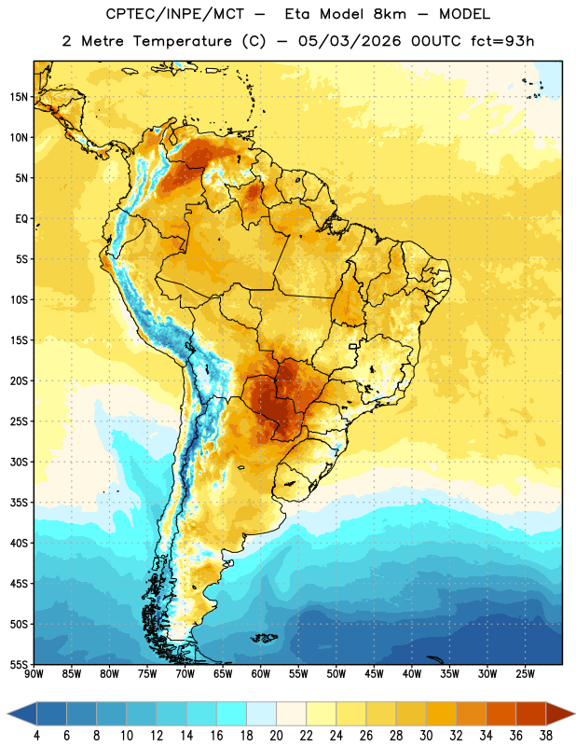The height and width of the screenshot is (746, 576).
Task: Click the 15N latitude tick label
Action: [19, 97]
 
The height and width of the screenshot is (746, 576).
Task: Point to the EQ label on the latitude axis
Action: [21, 219]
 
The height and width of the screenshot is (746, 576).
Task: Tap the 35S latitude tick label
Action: [19, 503]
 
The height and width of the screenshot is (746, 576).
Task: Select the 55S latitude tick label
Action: [19, 664]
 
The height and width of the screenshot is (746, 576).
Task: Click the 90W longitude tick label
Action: [34, 673]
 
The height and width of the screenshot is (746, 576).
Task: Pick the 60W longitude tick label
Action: [261, 673]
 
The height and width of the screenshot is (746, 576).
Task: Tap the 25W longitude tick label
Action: [525, 673]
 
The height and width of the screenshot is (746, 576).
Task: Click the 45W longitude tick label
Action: [374, 673]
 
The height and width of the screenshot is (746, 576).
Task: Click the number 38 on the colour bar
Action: [546, 736]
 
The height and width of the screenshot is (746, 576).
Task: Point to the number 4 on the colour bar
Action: [36, 736]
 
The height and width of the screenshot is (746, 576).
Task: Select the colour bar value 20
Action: [276, 736]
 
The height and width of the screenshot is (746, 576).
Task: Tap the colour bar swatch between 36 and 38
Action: [531, 713]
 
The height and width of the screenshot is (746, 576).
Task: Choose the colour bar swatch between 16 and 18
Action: [232, 713]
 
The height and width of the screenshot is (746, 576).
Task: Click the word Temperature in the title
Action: [182, 41]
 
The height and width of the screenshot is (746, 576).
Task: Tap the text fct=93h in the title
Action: [502, 41]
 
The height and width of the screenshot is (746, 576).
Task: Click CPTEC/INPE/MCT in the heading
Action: [175, 14]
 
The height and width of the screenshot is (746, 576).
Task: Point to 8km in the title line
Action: [390, 14]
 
